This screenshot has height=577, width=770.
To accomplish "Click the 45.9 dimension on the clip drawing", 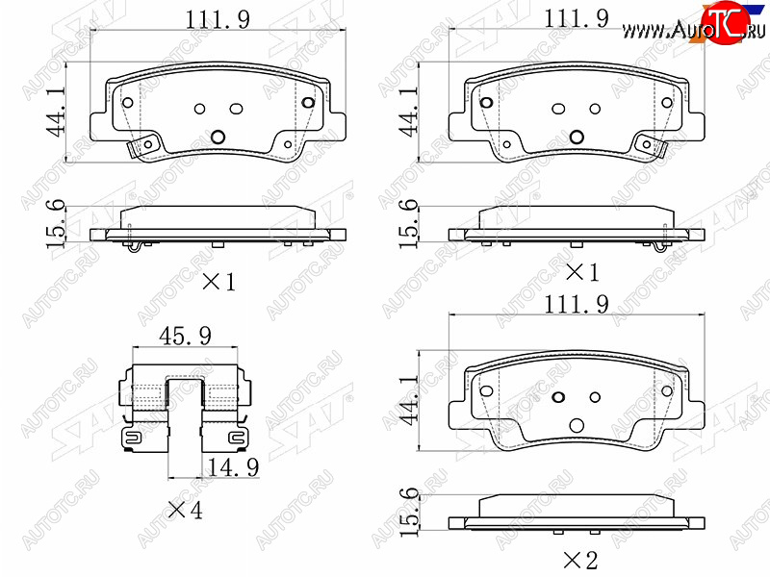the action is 185,336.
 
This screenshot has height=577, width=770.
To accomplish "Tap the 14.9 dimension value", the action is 233,467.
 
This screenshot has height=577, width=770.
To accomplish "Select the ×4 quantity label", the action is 185,511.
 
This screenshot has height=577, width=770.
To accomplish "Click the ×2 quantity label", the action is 580,560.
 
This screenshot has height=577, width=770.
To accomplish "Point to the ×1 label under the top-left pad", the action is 219,282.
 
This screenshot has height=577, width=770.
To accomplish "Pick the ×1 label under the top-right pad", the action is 582,273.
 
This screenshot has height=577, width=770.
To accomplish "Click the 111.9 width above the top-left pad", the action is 218,20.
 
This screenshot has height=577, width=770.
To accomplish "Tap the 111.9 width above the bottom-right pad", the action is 577,305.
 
